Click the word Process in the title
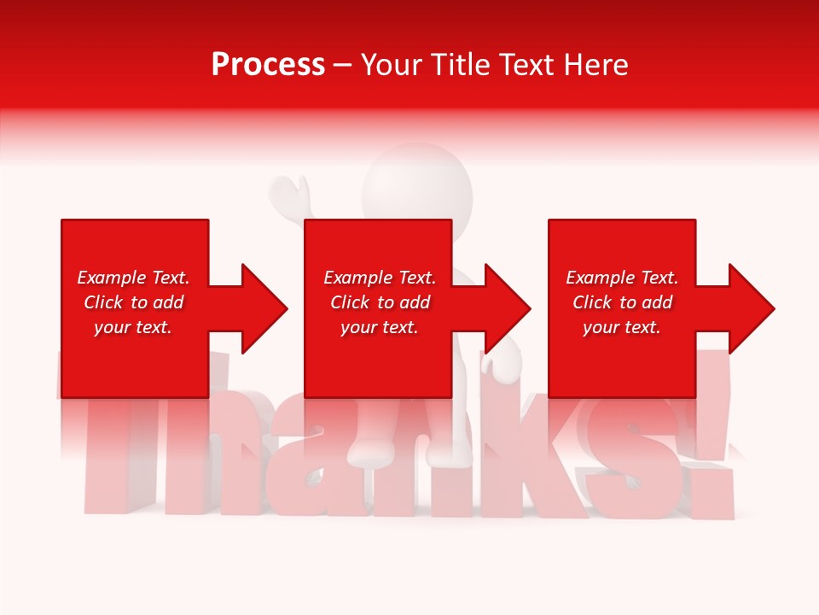tap(268, 65)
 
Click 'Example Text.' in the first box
tap(133, 278)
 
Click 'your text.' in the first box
tap(133, 327)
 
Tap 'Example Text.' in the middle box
tap(380, 278)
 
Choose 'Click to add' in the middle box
tap(380, 302)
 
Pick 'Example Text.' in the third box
tap(622, 278)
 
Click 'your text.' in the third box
tap(622, 327)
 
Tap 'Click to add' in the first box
tap(133, 302)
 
